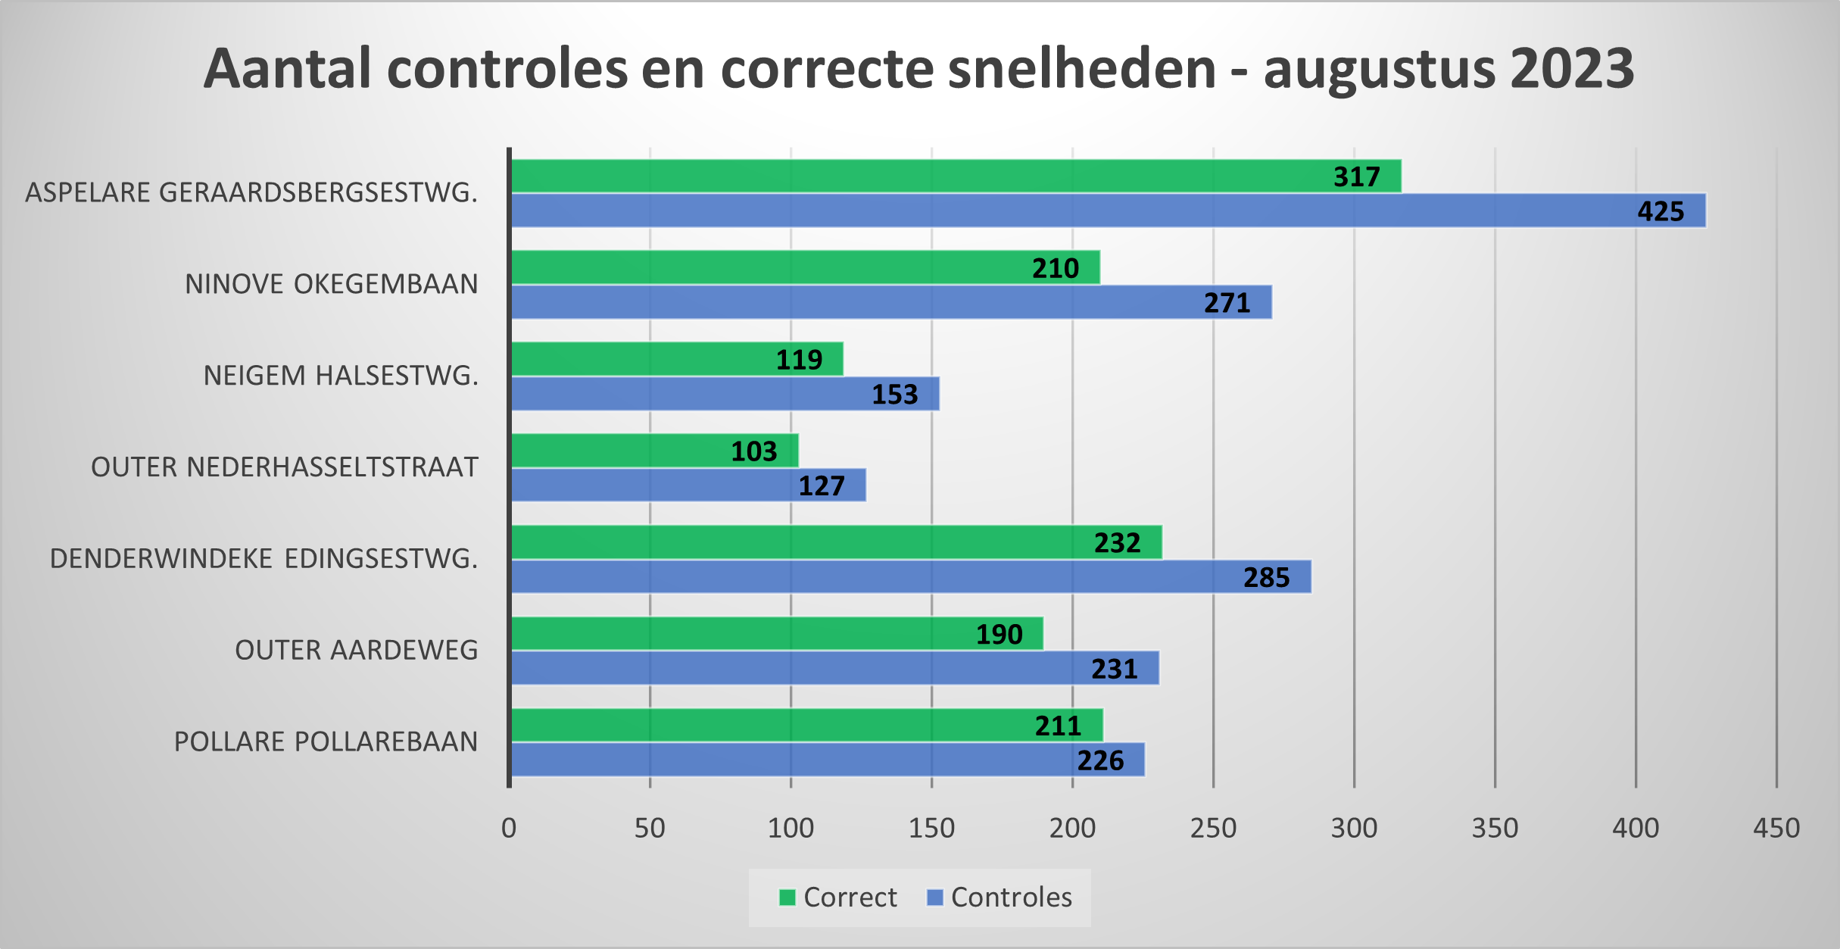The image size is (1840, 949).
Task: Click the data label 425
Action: pos(1661,211)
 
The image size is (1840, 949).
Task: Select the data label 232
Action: pos(1117,543)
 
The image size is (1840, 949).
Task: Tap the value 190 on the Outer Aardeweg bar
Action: pos(999,635)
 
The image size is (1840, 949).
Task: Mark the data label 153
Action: pos(894,395)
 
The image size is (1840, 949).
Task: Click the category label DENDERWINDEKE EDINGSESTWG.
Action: pos(264,559)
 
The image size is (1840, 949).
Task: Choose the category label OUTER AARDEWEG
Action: pos(356,651)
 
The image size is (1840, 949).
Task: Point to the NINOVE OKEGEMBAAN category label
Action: pos(331,284)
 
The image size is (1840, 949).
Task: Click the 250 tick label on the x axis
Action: pos(1213,829)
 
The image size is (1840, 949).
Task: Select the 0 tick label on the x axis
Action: pos(509,829)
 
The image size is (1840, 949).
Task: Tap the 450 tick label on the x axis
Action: pos(1776,829)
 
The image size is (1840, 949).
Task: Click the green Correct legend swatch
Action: pos(787,897)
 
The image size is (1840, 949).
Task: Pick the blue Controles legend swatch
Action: pos(935,897)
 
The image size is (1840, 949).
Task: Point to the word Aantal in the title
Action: pos(288,68)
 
